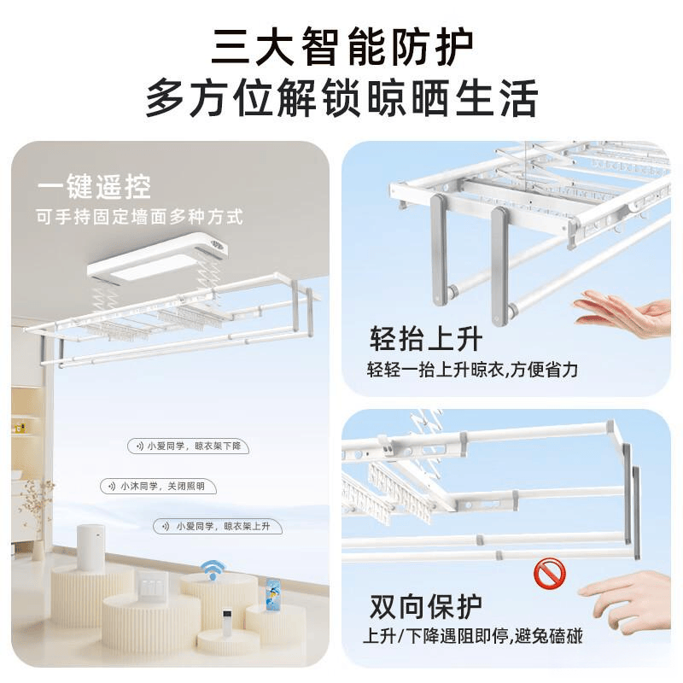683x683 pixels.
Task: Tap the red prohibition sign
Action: click(550, 574)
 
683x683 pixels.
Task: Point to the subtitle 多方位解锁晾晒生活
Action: click(341, 98)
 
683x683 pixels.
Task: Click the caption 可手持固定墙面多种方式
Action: click(139, 217)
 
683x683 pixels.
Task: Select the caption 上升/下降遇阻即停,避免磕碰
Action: click(473, 637)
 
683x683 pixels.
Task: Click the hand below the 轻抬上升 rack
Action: click(624, 313)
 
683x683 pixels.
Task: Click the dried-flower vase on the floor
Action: click(37, 512)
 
